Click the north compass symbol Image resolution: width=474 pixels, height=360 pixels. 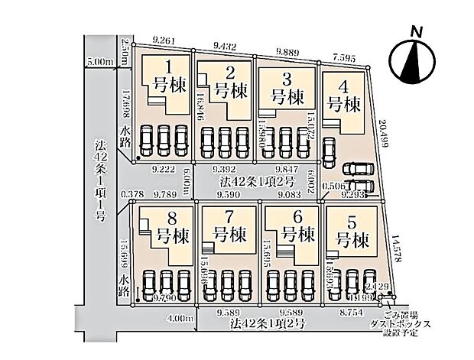[x=414, y=59]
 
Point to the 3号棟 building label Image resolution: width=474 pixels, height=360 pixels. [x=286, y=89]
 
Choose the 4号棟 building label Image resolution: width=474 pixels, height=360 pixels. [x=344, y=97]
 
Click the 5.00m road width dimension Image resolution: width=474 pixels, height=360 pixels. [x=99, y=60]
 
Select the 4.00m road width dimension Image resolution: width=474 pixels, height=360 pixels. [x=175, y=317]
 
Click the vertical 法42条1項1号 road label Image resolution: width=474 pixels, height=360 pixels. [x=99, y=179]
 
